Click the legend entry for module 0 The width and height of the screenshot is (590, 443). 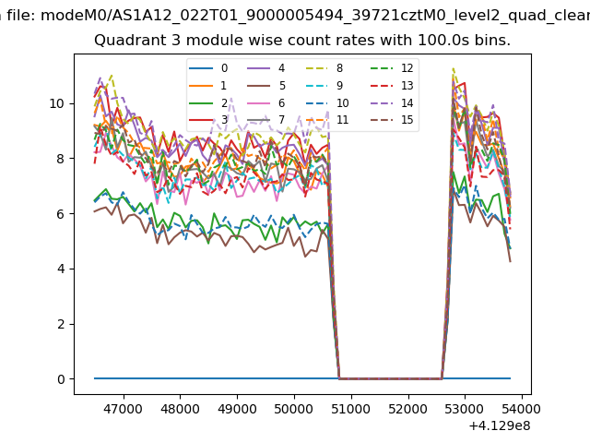click(x=223, y=68)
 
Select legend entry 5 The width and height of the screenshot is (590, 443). click(x=281, y=86)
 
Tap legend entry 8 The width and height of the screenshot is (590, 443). click(x=339, y=68)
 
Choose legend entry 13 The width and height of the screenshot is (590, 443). click(x=407, y=86)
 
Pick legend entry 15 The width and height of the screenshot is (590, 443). click(x=407, y=120)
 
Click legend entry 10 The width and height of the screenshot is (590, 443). click(x=342, y=102)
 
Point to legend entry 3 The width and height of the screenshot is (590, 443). click(x=223, y=120)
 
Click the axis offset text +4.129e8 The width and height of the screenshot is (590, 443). click(x=500, y=425)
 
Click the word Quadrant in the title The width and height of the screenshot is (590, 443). click(x=126, y=41)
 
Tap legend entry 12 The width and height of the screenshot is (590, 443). click(x=407, y=68)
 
